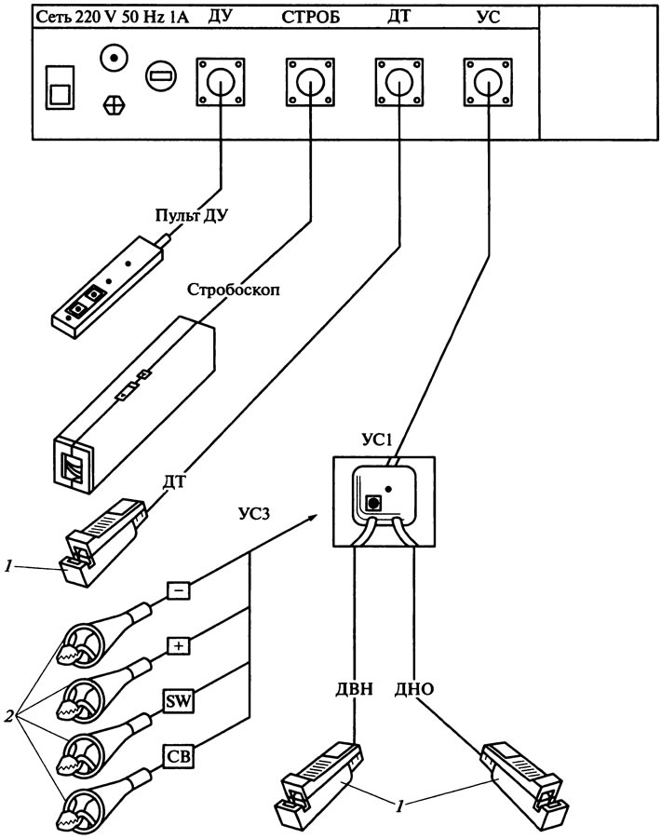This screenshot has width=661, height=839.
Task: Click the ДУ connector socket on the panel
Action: click(x=221, y=81)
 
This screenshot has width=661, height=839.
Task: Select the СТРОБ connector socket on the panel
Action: click(x=310, y=81)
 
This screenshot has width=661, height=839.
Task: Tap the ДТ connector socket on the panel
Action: click(x=399, y=81)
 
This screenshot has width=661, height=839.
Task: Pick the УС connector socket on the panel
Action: click(x=488, y=81)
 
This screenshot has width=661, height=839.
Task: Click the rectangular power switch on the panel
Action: click(x=60, y=88)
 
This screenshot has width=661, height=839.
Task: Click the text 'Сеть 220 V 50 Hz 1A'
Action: click(x=113, y=17)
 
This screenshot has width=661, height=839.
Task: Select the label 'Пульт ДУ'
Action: click(x=192, y=215)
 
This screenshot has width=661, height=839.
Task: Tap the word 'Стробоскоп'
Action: click(x=233, y=290)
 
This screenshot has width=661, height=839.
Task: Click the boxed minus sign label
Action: click(x=179, y=590)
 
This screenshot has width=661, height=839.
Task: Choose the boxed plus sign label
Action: click(x=179, y=646)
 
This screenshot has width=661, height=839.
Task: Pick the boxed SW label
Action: click(x=179, y=701)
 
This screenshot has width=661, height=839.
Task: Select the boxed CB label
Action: click(x=179, y=757)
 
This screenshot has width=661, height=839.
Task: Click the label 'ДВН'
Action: click(x=354, y=688)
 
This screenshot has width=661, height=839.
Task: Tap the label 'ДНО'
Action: click(x=414, y=688)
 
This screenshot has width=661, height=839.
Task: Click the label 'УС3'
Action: click(x=254, y=514)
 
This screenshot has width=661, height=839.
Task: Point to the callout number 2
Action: click(x=8, y=715)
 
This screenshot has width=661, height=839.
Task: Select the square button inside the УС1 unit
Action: click(x=372, y=504)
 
